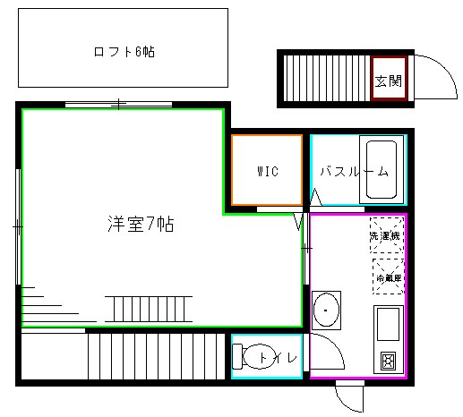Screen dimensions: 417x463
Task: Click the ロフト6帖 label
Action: tap(124, 52)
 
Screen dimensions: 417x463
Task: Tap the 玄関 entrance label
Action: tap(388, 81)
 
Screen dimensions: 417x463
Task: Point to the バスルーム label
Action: tap(355, 171)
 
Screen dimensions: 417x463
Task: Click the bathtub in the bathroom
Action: tap(379, 170)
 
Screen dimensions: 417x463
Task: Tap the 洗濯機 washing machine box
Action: tap(387, 236)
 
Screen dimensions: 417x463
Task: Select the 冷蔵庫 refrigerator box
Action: tap(387, 277)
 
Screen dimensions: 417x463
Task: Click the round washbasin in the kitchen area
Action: tap(326, 311)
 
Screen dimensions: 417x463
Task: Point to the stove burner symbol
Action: tap(388, 362)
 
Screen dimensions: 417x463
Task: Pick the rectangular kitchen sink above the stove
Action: tap(388, 324)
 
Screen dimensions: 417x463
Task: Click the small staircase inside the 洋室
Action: tap(148, 309)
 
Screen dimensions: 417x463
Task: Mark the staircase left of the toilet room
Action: tap(154, 356)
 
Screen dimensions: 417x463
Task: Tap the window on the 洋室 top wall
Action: tap(119, 106)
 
